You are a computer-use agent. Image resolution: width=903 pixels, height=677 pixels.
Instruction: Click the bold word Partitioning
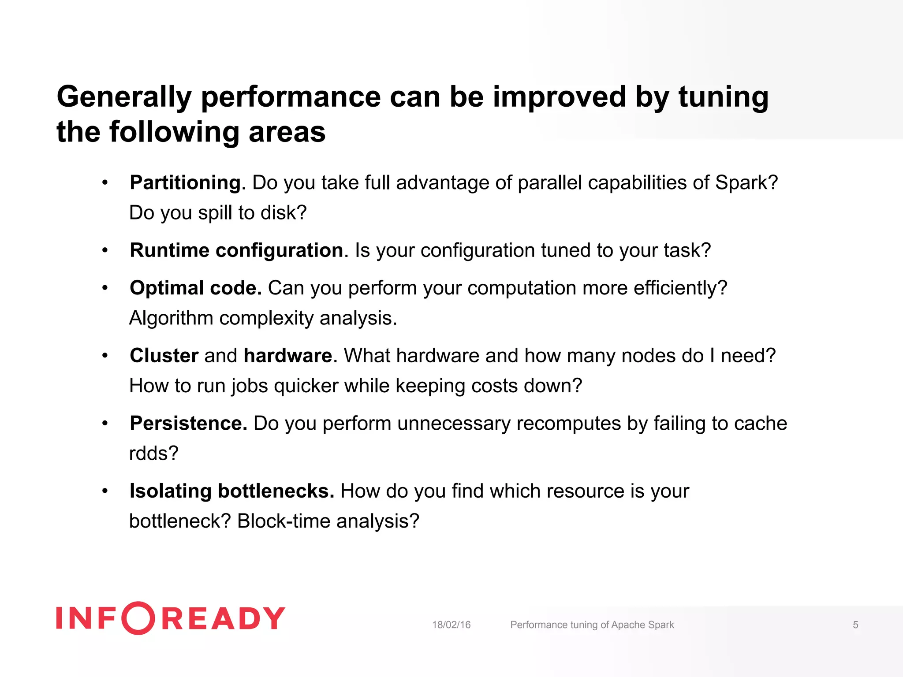185,183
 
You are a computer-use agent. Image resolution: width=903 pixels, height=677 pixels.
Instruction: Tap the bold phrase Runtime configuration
236,250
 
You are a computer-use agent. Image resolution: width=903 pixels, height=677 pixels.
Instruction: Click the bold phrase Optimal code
195,288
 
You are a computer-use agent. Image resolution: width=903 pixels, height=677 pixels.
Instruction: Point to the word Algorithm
171,318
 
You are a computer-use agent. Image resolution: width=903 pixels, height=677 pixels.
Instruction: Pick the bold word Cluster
164,356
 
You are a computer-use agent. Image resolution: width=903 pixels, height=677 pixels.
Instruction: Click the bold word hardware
287,356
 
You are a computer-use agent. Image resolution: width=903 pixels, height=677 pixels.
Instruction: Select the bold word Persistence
188,424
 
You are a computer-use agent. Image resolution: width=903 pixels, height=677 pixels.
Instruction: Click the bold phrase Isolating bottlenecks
232,491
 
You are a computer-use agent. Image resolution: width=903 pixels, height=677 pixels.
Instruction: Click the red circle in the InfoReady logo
138,618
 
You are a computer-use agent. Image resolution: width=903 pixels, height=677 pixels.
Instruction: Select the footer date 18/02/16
451,625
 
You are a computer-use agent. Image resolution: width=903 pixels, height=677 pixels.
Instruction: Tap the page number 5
855,625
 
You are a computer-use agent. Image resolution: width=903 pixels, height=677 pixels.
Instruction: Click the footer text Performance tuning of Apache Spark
592,625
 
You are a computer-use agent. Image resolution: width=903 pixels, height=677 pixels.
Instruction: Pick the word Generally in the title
124,97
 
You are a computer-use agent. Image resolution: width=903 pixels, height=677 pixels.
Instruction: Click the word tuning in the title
723,97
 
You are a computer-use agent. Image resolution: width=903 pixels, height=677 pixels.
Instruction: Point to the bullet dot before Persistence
105,424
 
